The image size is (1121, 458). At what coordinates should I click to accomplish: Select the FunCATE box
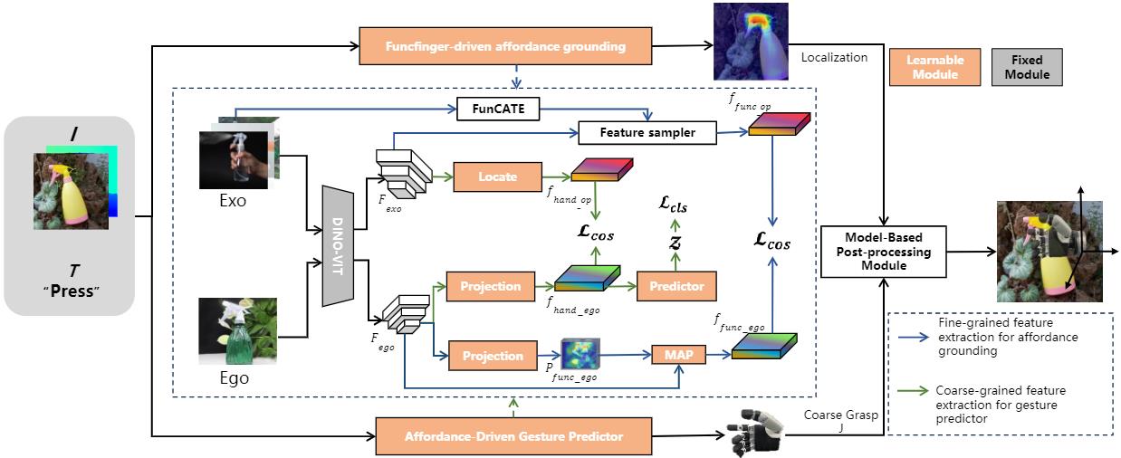click(498, 110)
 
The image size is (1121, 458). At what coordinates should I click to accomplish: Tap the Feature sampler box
click(647, 133)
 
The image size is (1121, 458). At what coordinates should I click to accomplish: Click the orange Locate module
click(497, 177)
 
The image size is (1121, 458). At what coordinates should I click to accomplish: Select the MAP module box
click(677, 355)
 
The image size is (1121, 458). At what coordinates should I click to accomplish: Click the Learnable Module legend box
click(935, 67)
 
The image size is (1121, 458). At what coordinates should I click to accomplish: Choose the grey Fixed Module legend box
click(1027, 67)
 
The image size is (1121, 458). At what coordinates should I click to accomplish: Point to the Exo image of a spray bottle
click(234, 158)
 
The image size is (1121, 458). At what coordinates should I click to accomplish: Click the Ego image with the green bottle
click(237, 331)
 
